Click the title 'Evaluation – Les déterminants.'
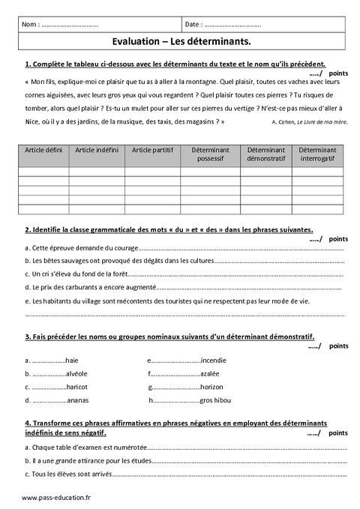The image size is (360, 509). tap(180, 43)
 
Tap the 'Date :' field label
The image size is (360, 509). tap(193, 25)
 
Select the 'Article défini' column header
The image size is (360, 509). tap(43, 150)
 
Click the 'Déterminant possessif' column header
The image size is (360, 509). tap(206, 154)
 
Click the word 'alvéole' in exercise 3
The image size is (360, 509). tap(76, 373)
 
